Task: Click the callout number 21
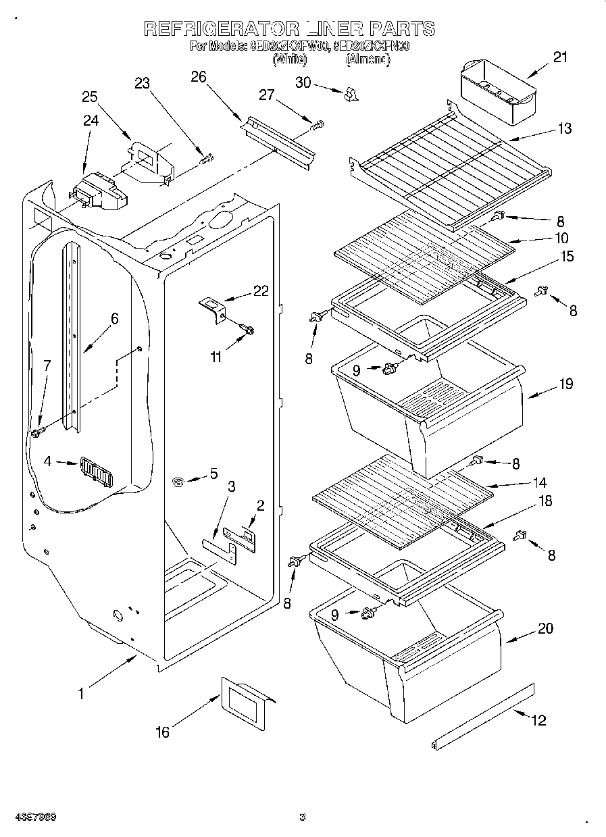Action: (560, 57)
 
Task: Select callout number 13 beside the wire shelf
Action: (564, 129)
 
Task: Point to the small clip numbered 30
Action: (351, 95)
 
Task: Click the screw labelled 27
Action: (317, 125)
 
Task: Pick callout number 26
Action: (198, 77)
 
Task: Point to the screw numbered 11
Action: (247, 330)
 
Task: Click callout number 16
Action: (163, 732)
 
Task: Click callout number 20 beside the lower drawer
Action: (545, 629)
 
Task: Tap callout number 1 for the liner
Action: (82, 693)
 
